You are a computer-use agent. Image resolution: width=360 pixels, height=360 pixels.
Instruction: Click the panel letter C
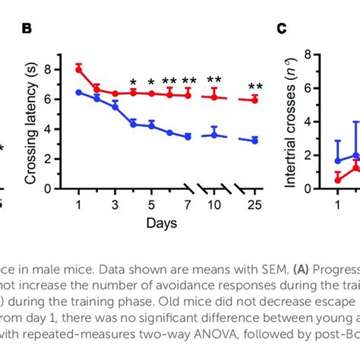tap(281, 29)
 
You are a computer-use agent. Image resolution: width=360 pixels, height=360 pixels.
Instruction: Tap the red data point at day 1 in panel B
tap(78, 69)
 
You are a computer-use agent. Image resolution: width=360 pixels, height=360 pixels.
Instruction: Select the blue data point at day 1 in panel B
tap(78, 92)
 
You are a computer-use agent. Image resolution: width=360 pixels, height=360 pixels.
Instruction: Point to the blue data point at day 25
tap(255, 141)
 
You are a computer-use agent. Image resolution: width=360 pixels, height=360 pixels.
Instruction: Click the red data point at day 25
tap(255, 99)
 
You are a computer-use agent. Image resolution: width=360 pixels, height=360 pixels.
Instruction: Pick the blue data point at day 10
tap(214, 134)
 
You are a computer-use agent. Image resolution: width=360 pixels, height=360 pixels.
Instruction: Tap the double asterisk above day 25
tap(255, 86)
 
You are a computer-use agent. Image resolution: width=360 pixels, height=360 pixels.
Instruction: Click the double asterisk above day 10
tap(214, 81)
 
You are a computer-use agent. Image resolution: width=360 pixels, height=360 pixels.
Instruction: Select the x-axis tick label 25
tap(255, 204)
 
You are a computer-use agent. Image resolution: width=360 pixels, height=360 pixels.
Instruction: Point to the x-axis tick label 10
tap(214, 204)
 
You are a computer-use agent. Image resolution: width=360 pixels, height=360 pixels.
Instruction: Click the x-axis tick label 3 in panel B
tap(115, 204)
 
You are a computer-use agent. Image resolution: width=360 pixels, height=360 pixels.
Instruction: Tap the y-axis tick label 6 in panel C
tap(309, 88)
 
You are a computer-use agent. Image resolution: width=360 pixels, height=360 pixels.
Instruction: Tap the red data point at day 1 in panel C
tap(338, 180)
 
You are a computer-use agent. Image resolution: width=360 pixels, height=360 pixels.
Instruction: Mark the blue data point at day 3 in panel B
tap(115, 107)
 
